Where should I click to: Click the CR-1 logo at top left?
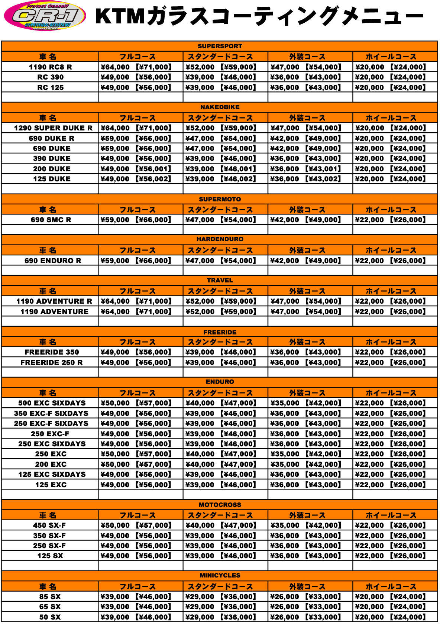pos(45,16)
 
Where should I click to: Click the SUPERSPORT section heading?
pos(220,46)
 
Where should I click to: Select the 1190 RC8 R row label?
pos(50,67)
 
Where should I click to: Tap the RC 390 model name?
pos(50,77)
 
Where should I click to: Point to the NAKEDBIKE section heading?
pos(220,107)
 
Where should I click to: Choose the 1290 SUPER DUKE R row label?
pos(53,128)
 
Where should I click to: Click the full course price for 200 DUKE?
pos(136,169)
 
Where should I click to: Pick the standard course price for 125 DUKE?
pos(221,179)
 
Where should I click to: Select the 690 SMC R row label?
pos(51,220)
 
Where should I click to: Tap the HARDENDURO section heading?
pos(220,239)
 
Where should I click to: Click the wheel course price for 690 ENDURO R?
pos(390,261)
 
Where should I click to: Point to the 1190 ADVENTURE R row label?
pos(54,301)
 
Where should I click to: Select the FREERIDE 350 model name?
pos(52,352)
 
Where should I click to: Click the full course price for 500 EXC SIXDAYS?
pos(136,403)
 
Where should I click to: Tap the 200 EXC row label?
pos(51,464)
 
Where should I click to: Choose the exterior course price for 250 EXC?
pos(305,454)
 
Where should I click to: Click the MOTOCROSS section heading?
pos(220,505)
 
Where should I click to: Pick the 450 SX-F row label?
pos(49,525)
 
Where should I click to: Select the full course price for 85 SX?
pos(136,596)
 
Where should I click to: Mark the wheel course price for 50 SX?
pos(390,617)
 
